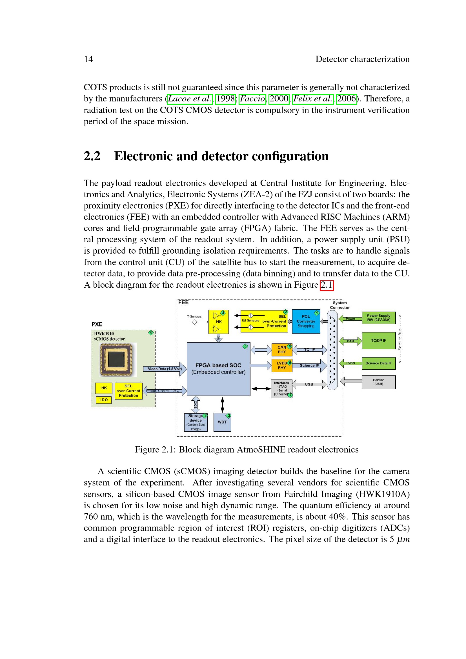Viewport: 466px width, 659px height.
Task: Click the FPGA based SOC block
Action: pos(218,369)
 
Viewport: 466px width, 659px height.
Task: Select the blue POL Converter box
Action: pos(306,321)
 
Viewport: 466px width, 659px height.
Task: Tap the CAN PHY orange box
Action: pos(281,349)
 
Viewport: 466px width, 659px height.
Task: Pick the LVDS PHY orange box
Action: pos(281,365)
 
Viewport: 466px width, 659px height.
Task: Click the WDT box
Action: pos(222,422)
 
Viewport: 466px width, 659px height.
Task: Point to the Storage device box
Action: pos(196,422)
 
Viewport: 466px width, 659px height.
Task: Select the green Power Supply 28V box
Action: pos(378,318)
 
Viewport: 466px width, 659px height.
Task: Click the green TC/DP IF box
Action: pos(378,340)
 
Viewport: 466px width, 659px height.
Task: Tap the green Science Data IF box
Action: pos(378,363)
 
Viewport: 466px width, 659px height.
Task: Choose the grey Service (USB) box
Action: pos(378,382)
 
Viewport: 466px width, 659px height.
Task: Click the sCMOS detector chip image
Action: pos(118,359)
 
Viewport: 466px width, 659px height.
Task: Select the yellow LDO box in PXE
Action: pos(103,400)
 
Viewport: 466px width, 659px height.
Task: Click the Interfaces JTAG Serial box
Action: pos(281,388)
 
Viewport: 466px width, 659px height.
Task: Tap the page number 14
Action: pos(88,59)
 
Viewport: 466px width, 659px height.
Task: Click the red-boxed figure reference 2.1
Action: pos(327,285)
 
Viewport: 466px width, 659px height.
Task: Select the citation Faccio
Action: pos(252,99)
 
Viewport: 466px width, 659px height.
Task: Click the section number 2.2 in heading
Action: pos(92,156)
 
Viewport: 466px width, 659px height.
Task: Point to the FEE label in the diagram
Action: pos(183,302)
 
